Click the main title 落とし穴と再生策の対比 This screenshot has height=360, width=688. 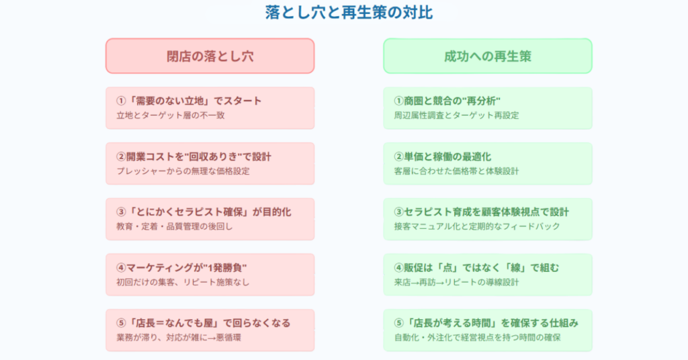click(349, 12)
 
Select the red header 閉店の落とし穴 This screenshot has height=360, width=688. click(210, 56)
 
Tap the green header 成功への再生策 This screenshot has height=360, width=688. click(488, 56)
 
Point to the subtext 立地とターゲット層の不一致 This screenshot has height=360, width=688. click(171, 116)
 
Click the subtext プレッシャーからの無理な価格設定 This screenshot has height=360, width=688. click(183, 171)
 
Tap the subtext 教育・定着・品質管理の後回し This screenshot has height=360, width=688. click(175, 227)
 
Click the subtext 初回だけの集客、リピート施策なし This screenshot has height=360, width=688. click(183, 282)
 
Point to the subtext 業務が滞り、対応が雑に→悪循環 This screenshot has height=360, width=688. click(179, 338)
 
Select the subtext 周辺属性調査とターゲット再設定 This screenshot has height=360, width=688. click(456, 116)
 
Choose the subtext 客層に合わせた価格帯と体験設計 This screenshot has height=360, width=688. click(456, 171)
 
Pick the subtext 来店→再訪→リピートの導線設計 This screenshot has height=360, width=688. click(456, 282)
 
